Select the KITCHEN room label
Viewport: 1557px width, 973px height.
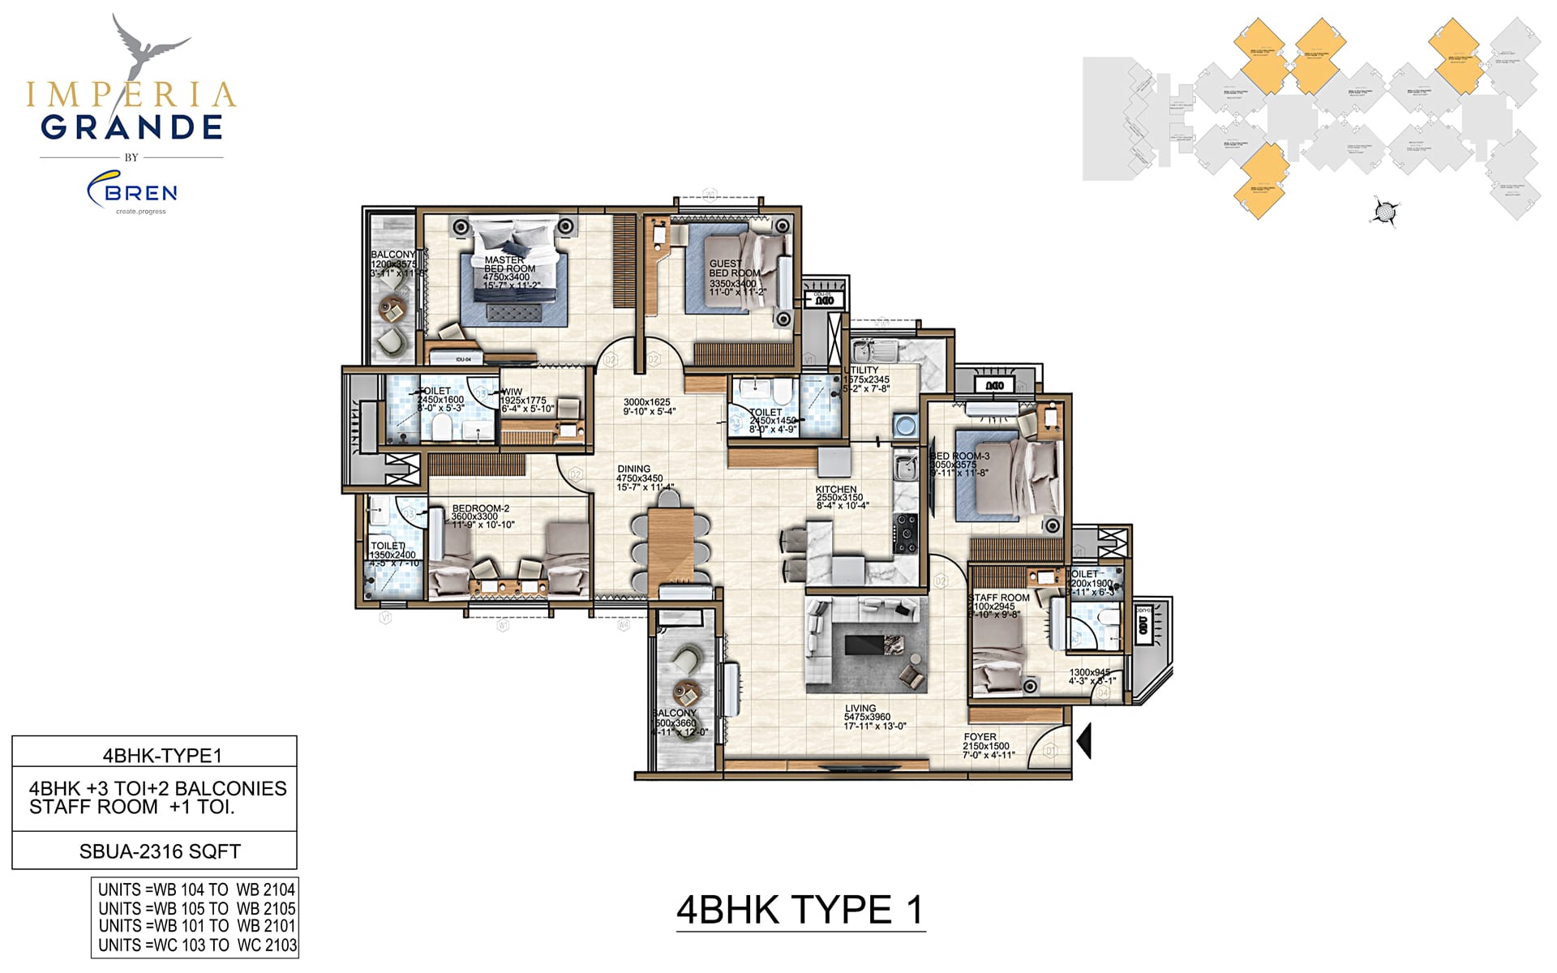tap(836, 490)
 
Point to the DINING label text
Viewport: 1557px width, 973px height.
tap(633, 469)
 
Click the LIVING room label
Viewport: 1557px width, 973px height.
tap(860, 709)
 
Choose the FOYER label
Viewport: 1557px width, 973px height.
tap(980, 737)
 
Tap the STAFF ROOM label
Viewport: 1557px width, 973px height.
tap(999, 598)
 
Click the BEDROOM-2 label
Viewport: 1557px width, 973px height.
tap(480, 509)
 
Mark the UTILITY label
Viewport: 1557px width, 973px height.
tap(861, 371)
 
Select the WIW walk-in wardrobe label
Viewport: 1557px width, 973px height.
tap(513, 392)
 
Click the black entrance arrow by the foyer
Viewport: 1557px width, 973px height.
tap(1083, 741)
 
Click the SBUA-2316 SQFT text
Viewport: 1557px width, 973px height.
tap(160, 851)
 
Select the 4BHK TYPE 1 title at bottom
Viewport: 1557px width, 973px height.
tap(800, 911)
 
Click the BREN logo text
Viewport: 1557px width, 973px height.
tap(141, 193)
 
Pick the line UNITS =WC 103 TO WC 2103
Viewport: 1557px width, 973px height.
tap(197, 945)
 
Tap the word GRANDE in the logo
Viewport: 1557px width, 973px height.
tap(131, 127)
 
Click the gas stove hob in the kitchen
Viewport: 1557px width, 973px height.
tap(905, 529)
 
